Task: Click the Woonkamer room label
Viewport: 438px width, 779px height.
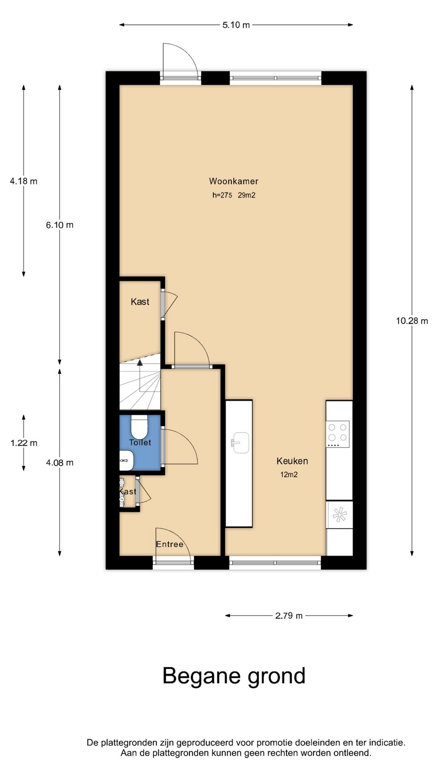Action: tap(234, 181)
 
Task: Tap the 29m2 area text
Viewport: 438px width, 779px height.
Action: tap(247, 195)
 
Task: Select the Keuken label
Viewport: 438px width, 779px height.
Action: tap(292, 461)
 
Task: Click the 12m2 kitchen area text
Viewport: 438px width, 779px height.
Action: tap(289, 474)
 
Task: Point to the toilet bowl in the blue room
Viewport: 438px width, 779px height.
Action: tap(140, 426)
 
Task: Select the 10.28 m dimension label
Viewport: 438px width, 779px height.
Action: tap(412, 321)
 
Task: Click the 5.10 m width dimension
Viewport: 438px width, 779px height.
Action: tap(236, 25)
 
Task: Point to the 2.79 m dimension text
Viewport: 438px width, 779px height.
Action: tap(289, 615)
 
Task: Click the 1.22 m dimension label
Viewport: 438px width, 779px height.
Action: tap(24, 443)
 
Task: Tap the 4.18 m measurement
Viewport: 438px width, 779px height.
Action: tap(24, 181)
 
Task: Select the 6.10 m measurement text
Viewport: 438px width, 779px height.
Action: tap(60, 225)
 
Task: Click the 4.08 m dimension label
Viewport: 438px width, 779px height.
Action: tap(60, 463)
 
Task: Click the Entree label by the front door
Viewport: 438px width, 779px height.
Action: tap(170, 544)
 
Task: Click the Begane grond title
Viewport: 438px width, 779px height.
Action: tap(234, 676)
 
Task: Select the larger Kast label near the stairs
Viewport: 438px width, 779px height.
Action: tap(140, 301)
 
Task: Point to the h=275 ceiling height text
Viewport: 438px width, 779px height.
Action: tap(222, 195)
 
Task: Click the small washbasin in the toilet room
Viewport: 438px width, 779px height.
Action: tap(125, 461)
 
